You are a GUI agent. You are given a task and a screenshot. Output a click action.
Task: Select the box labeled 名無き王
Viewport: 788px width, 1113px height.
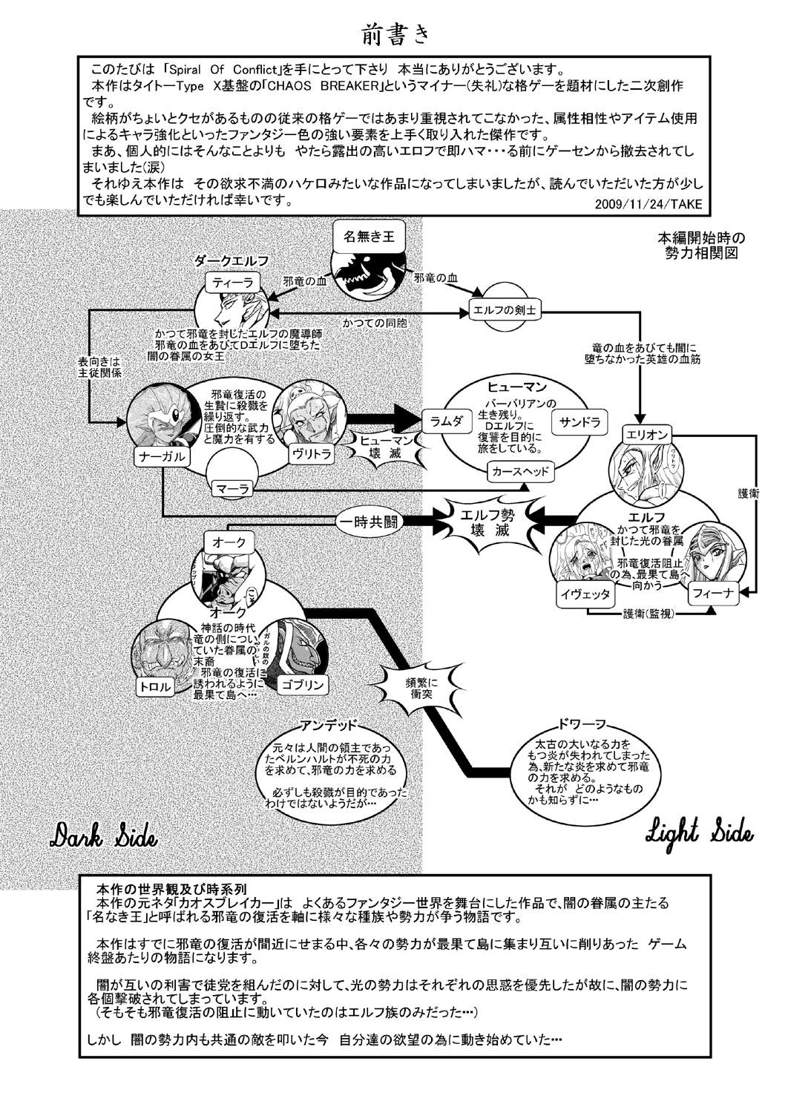369,237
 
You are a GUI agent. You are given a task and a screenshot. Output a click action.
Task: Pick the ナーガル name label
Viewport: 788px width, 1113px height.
159,456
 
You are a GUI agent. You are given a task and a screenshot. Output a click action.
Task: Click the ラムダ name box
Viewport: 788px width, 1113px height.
447,420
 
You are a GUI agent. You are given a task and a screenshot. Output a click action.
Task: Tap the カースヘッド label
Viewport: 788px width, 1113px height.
520,471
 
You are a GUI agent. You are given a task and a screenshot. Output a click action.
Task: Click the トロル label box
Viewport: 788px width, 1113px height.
155,686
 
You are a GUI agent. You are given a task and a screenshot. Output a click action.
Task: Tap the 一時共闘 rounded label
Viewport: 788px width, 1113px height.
367,521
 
